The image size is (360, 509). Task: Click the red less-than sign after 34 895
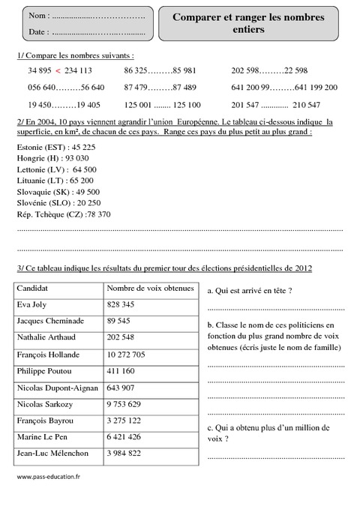tap(58, 70)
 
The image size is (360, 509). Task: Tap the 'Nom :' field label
tap(39, 16)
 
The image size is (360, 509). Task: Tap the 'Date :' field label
tap(39, 32)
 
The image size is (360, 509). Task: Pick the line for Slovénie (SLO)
tap(58, 202)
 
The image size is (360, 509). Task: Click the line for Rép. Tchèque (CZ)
tap(63, 214)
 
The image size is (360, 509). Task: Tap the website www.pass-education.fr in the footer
tap(48, 476)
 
